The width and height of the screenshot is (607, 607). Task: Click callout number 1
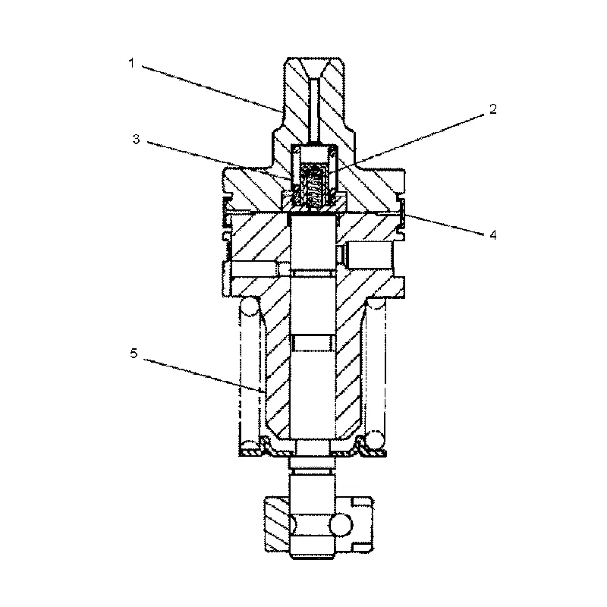coord(132,62)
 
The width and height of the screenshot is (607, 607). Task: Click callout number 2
coord(492,109)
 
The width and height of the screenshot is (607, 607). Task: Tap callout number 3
coord(135,139)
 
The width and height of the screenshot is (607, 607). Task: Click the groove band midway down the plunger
coord(311,344)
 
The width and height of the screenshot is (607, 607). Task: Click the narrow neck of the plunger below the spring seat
coord(311,458)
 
